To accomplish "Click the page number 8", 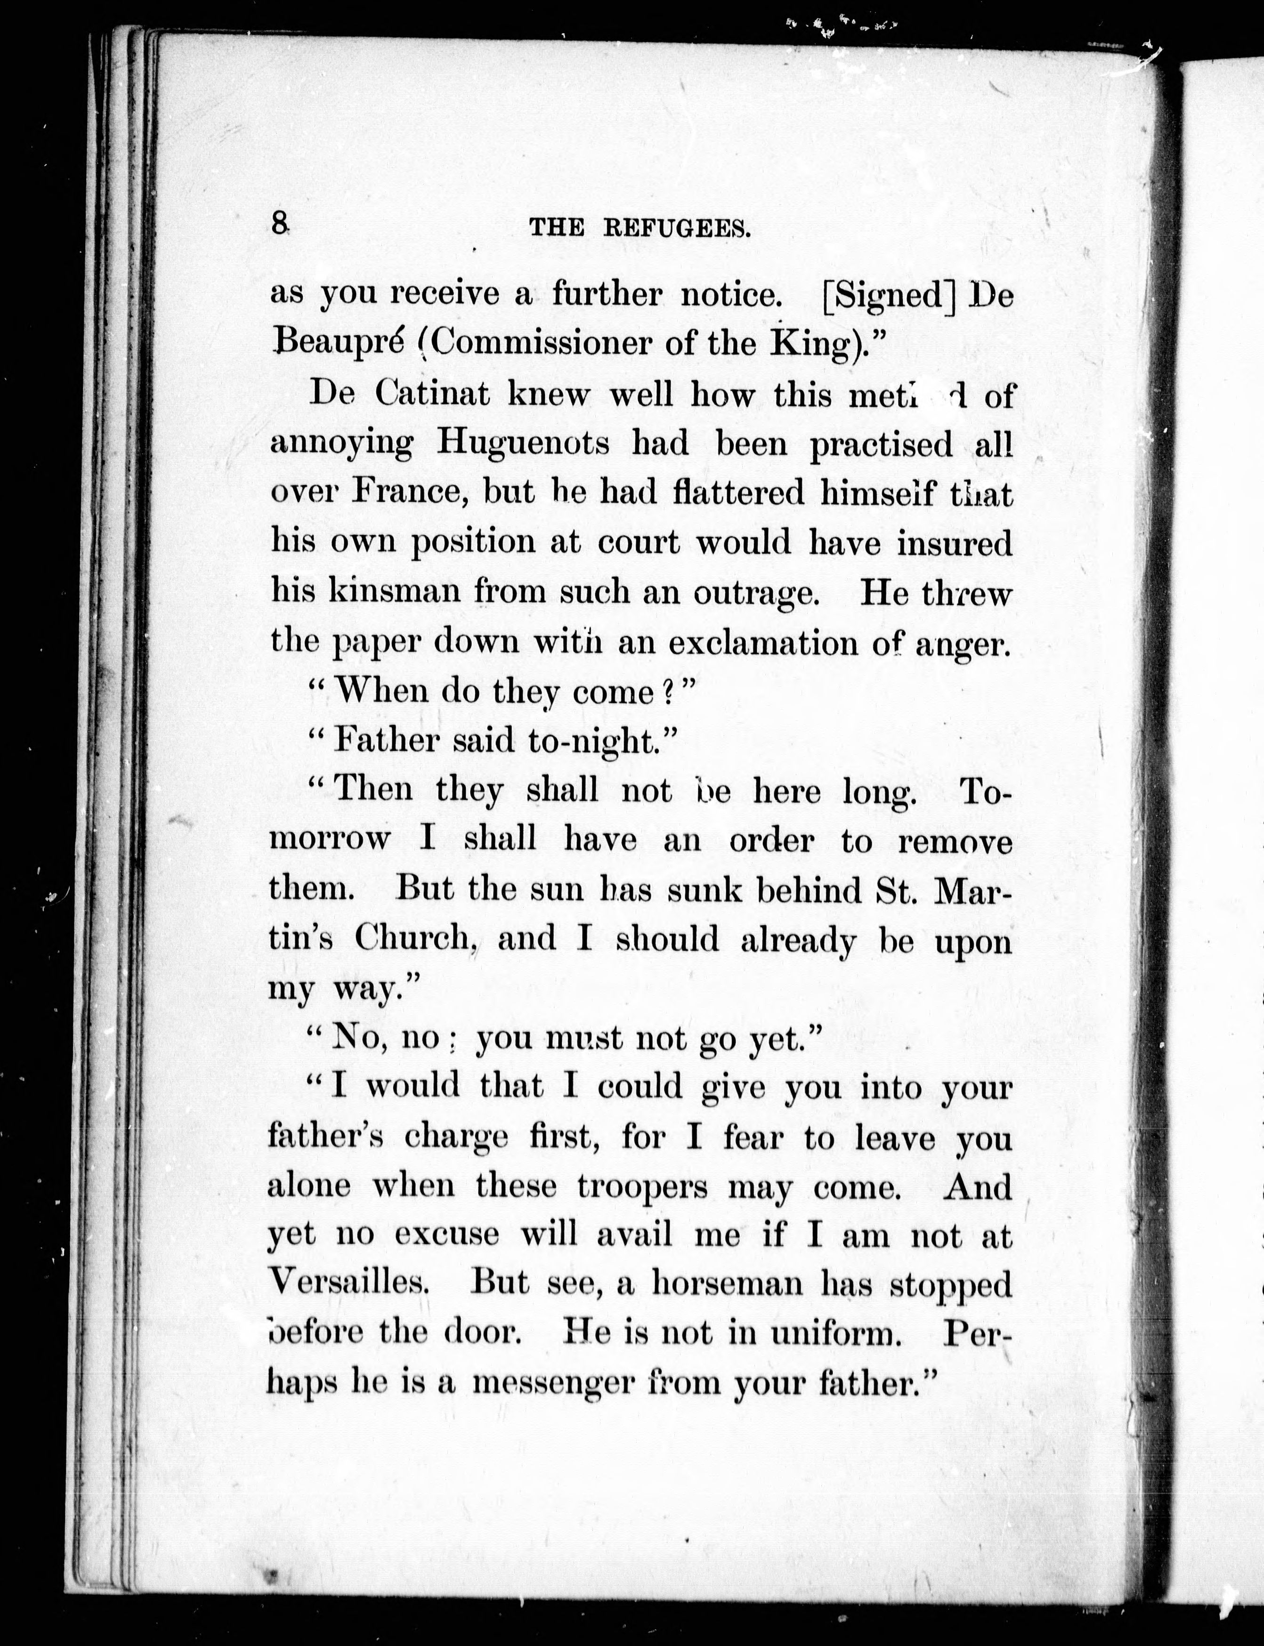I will pos(280,224).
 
